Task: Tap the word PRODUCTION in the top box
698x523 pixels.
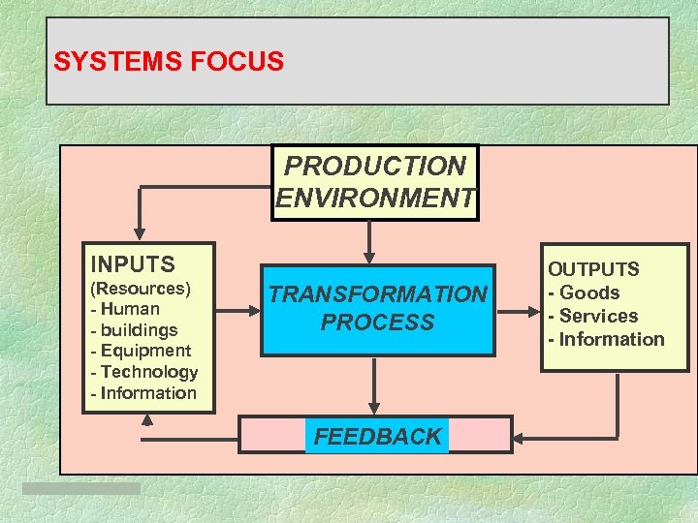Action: [375, 167]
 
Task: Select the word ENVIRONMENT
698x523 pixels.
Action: [375, 199]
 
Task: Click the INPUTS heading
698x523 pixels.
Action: [132, 264]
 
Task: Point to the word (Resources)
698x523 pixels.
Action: [140, 289]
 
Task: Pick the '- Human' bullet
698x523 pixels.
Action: [124, 310]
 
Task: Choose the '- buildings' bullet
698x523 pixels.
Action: [134, 330]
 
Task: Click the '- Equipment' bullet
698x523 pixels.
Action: [140, 351]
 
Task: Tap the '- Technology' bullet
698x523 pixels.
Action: [143, 372]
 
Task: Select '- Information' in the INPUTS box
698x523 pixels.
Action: [143, 393]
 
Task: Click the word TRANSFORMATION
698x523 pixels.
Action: [378, 294]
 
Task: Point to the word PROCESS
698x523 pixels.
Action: [378, 323]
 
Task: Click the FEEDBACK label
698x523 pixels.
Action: [377, 437]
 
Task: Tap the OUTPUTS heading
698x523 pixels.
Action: [593, 269]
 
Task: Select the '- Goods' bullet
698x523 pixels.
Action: [584, 292]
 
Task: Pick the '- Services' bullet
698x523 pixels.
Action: [592, 316]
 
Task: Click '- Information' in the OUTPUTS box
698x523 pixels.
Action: [606, 339]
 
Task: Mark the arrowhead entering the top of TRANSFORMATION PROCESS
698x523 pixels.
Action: [368, 257]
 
